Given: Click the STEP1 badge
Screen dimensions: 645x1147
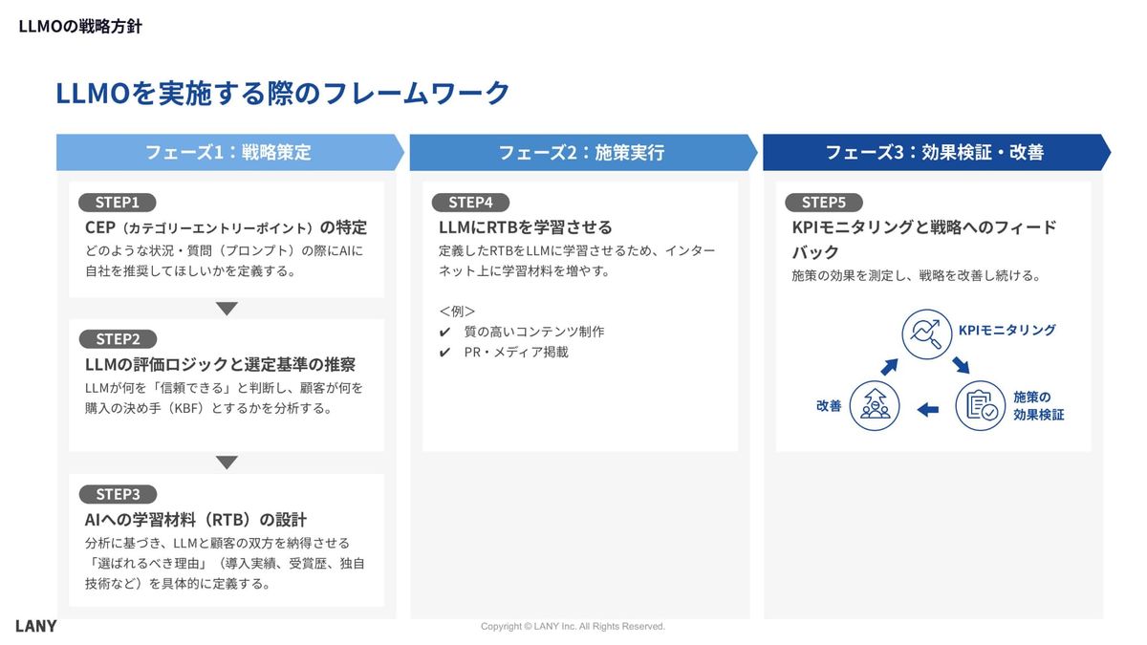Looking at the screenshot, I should pyautogui.click(x=118, y=203).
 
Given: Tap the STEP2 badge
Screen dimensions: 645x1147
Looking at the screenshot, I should pyautogui.click(x=118, y=339).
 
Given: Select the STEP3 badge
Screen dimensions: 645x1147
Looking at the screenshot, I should pyautogui.click(x=118, y=494).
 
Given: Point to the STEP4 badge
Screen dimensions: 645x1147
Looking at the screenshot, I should pyautogui.click(x=470, y=203).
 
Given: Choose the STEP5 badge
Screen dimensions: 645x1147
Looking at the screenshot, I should pyautogui.click(x=823, y=203).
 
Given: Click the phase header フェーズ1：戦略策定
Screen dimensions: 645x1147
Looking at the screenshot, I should pyautogui.click(x=228, y=153).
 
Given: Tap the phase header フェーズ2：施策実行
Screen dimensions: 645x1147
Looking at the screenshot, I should pyautogui.click(x=581, y=153).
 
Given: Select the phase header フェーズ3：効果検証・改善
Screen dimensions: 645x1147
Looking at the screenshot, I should pyautogui.click(x=934, y=153).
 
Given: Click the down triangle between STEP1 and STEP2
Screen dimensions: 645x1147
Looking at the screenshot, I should pyautogui.click(x=227, y=309).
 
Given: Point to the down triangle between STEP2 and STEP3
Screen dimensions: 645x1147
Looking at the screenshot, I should pyautogui.click(x=227, y=463).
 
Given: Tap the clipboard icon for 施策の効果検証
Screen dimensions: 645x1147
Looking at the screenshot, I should pyautogui.click(x=981, y=405).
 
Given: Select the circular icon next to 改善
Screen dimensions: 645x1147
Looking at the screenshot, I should pyautogui.click(x=875, y=405).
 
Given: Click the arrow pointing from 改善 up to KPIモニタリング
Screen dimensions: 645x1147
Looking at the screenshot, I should pyautogui.click(x=890, y=365).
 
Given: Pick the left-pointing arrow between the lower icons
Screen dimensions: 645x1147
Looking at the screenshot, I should pyautogui.click(x=927, y=410).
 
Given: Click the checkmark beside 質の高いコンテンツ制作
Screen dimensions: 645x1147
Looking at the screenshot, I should pyautogui.click(x=444, y=333).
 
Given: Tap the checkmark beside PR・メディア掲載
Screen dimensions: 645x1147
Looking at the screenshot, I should pyautogui.click(x=444, y=353).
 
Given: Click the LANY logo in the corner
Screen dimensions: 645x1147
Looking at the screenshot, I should pyautogui.click(x=36, y=626).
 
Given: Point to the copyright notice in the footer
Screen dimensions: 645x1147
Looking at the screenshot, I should pyautogui.click(x=573, y=627).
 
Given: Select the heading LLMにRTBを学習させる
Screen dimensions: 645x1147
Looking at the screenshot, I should pyautogui.click(x=525, y=227).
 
